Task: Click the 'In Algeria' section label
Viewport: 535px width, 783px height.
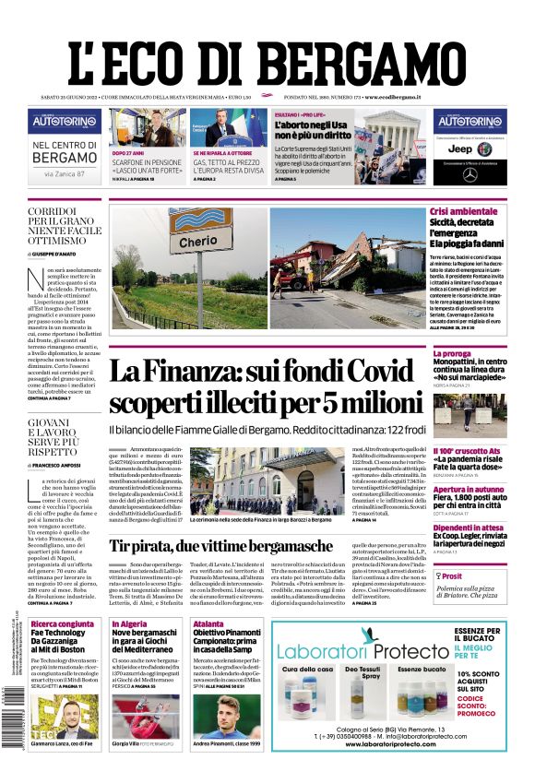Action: [129, 624]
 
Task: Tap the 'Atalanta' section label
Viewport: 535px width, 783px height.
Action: [208, 624]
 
